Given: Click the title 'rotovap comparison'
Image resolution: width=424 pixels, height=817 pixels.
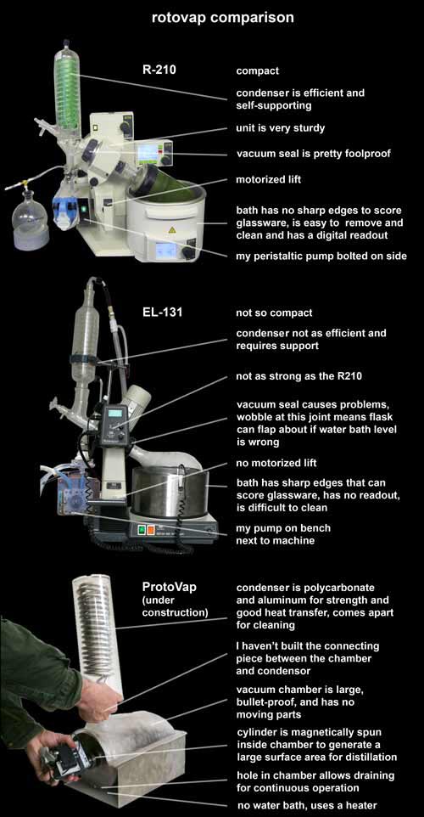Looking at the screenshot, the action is pos(223,18).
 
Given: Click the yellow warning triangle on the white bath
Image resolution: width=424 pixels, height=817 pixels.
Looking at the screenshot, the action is pos(172,229).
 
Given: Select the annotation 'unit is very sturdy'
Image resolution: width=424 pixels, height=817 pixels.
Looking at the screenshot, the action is pos(281,128).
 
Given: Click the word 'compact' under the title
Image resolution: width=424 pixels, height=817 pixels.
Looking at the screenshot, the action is pos(258,70).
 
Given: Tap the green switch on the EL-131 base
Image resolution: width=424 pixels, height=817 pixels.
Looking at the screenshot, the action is pos(142,531).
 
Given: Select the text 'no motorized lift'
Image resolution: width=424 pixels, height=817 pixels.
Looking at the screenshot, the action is pos(276,463).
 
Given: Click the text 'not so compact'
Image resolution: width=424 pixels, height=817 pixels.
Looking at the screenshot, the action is pos(274,313).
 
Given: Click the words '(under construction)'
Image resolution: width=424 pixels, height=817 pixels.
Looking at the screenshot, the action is pos(175,606).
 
